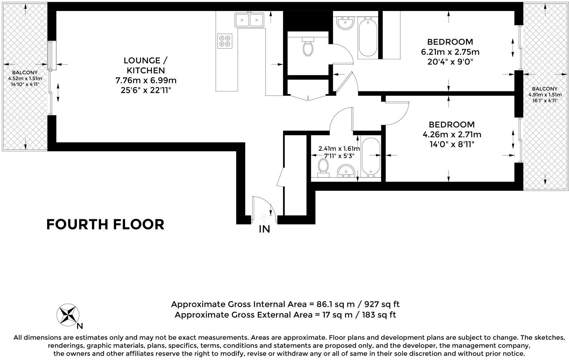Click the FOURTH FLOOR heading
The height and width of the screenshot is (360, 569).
[x=105, y=224]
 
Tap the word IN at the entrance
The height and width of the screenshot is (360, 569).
[x=264, y=229]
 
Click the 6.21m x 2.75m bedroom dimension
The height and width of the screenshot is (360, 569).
[x=450, y=52]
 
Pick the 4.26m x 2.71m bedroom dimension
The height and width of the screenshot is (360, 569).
[x=452, y=135]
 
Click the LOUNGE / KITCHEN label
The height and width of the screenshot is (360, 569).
[x=144, y=65]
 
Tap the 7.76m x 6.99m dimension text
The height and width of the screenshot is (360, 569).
[x=146, y=80]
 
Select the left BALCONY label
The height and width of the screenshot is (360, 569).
[x=22, y=72]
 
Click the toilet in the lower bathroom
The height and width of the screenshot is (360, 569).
[x=323, y=167]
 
